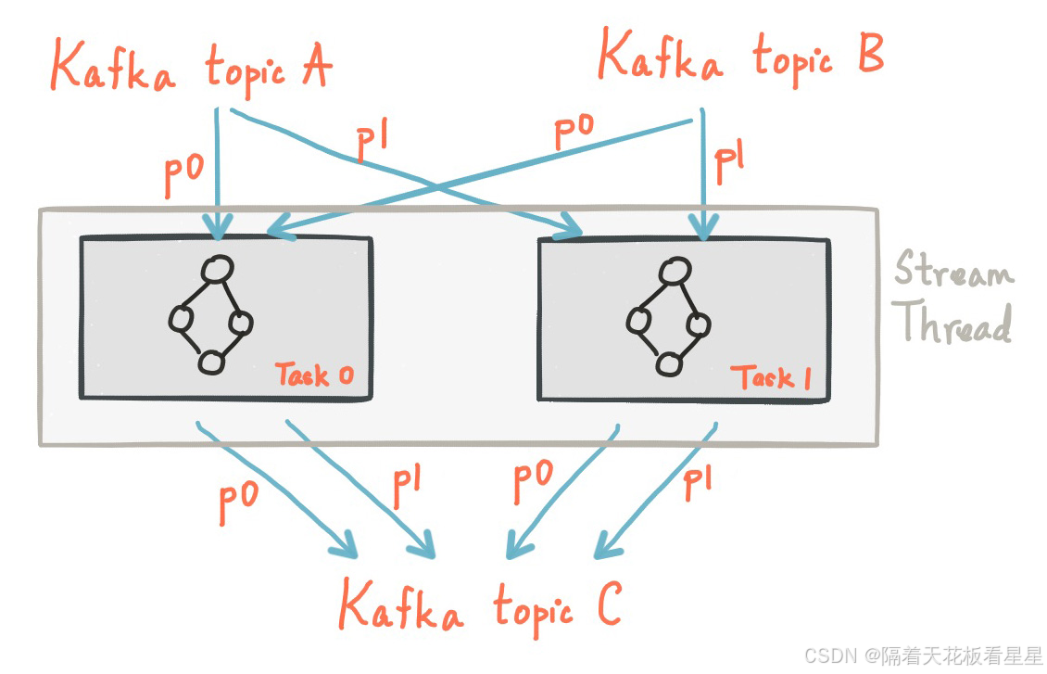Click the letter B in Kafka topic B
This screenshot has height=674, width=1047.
pos(869,55)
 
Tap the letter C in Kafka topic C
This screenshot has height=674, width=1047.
pos(608,607)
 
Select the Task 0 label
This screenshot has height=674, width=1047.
pos(314,375)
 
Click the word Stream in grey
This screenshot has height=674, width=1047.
pos(953,272)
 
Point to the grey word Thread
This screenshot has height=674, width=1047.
pos(955,324)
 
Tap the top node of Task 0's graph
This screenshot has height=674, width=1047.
pos(217,269)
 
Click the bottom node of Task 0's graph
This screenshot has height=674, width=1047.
pos(212,362)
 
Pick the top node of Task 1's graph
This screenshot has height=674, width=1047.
pos(674,271)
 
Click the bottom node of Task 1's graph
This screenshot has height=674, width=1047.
pos(667,363)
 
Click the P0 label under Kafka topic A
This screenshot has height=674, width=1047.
pos(183,176)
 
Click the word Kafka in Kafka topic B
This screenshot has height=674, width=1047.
pos(661,58)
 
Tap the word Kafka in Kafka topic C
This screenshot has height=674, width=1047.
pos(400,607)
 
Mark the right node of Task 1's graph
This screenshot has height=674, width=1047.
pos(700,324)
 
